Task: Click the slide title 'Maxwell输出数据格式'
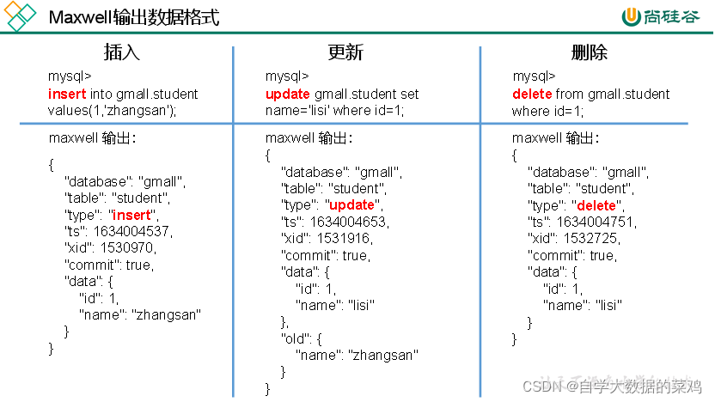[x=133, y=17]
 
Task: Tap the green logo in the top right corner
[x=662, y=17]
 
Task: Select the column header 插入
[x=121, y=52]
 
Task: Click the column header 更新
[x=345, y=52]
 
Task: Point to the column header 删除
[x=590, y=52]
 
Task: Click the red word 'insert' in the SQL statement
[x=66, y=94]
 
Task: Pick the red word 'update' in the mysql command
[x=288, y=94]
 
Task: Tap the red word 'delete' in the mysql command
[x=533, y=94]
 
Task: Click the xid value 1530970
[x=127, y=248]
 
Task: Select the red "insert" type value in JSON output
[x=131, y=215]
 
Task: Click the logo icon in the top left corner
[x=19, y=17]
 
